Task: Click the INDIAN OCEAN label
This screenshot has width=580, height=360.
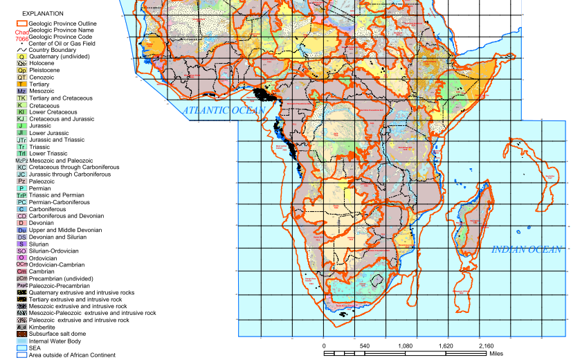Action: click(527, 249)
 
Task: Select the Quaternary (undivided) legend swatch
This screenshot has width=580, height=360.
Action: click(21, 57)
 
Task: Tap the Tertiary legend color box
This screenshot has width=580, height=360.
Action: click(21, 84)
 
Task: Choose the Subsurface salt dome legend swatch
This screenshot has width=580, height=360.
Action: click(21, 334)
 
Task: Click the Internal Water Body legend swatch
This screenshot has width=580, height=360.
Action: click(21, 341)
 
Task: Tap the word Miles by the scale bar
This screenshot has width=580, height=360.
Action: click(496, 353)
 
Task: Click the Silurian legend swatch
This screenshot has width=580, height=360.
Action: click(21, 244)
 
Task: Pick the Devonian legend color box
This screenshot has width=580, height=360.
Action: click(21, 223)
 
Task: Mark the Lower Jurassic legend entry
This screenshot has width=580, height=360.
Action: click(21, 133)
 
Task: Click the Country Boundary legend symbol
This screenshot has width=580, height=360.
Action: click(21, 50)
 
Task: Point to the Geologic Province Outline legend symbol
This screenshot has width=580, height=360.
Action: click(21, 23)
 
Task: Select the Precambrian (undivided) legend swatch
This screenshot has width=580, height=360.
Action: click(21, 278)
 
